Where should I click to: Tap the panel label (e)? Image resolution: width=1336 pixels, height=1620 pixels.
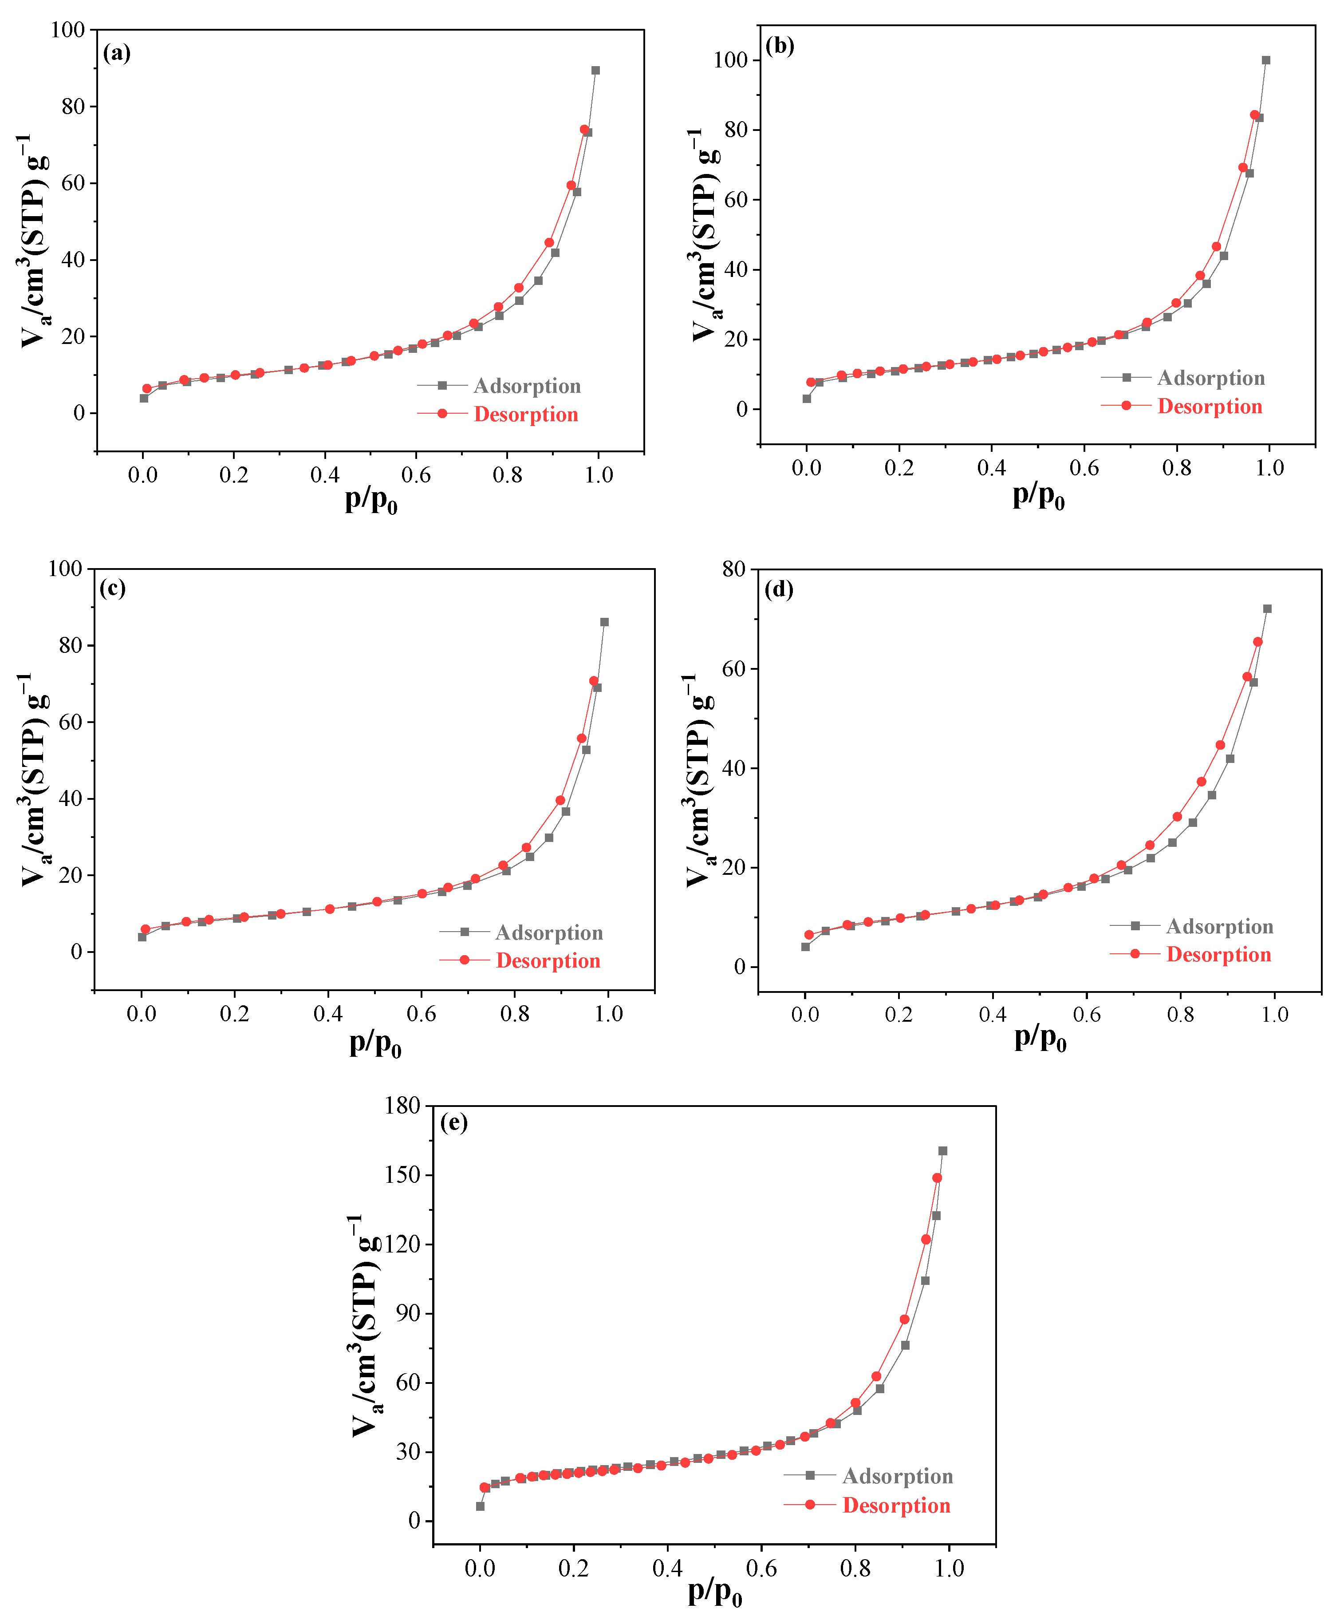coord(454,1123)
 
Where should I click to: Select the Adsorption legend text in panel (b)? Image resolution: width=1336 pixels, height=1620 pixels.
coord(1210,378)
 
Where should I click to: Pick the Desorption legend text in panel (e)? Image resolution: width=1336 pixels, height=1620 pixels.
coord(897,1505)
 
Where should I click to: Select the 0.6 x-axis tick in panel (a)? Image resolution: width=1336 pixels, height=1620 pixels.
coord(416,475)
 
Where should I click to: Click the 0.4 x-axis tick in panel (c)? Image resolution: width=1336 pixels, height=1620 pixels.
coord(328,1014)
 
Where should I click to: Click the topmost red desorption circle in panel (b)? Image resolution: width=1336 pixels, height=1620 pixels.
coord(1254,115)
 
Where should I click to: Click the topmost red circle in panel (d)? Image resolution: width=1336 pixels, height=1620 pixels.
coord(1257,642)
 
